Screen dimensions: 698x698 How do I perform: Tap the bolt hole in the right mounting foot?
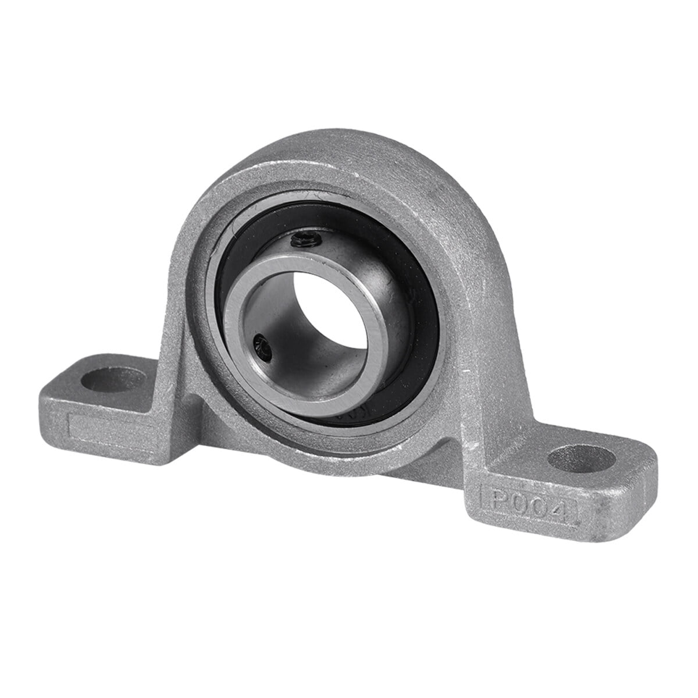[x=581, y=459]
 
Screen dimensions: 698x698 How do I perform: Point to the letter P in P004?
[x=500, y=500]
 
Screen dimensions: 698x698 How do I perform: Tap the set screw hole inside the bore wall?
[x=261, y=349]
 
